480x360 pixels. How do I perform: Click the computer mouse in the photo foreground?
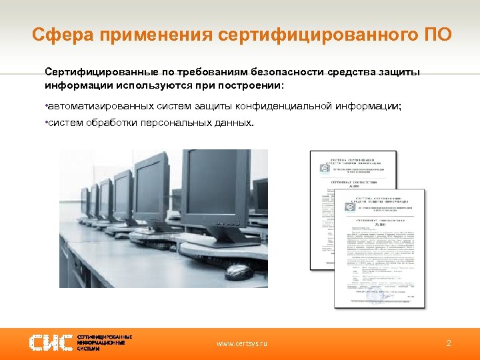click(238, 271)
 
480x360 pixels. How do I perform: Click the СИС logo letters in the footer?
click(49, 343)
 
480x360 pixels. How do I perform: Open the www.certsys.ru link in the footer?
click(241, 343)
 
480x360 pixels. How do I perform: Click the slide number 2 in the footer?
click(449, 343)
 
